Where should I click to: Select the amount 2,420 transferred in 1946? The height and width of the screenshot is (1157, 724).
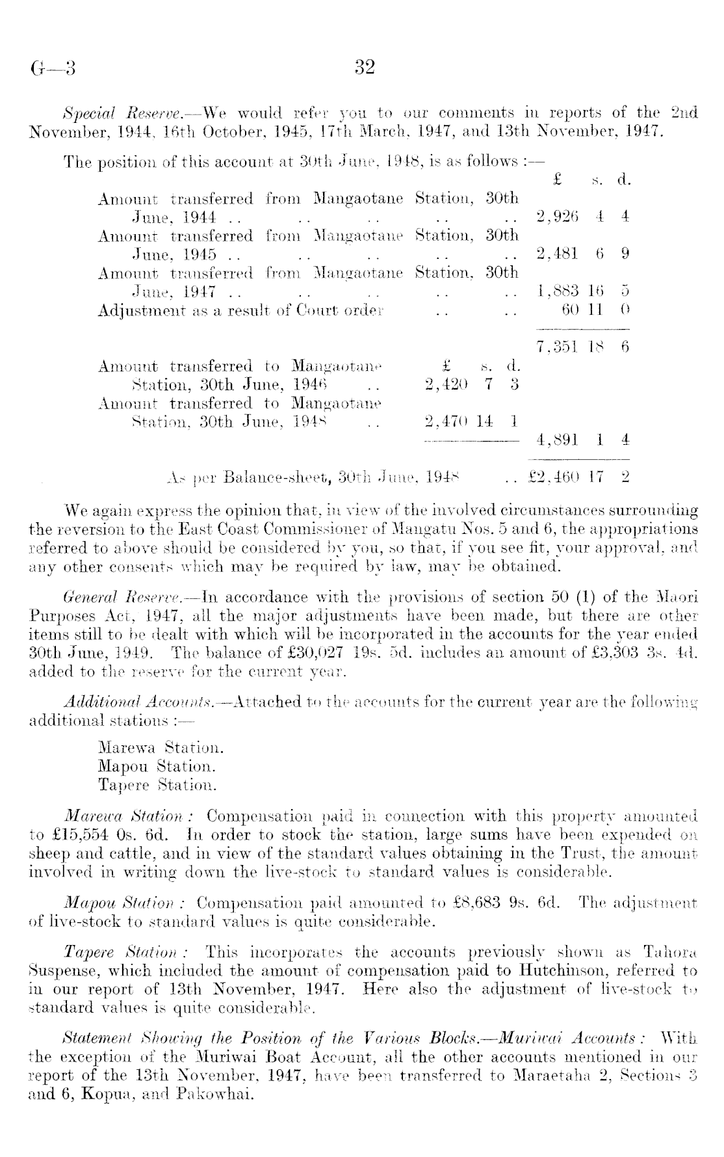(x=445, y=384)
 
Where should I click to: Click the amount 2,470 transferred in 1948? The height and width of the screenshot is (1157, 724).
(x=445, y=421)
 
